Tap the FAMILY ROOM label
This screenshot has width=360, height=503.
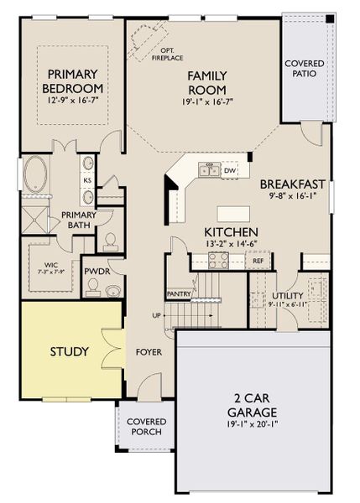point(201,82)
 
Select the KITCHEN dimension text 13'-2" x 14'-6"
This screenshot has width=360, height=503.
point(231,244)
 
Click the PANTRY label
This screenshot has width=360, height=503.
point(178,294)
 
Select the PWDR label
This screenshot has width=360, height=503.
point(93,272)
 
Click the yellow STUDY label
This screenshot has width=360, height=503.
point(68,351)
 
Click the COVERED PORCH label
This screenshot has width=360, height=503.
point(147,426)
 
